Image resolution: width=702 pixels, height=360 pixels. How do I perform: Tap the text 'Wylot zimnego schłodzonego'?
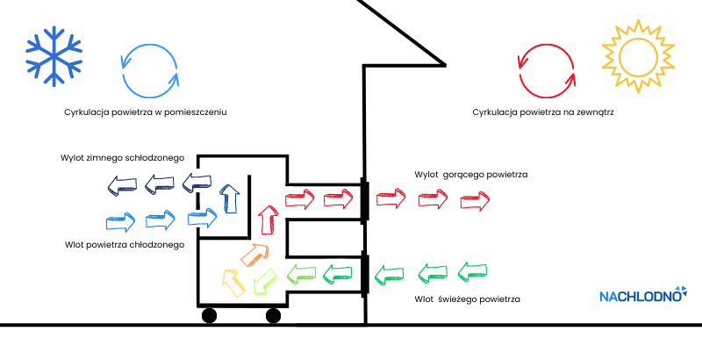point(122,157)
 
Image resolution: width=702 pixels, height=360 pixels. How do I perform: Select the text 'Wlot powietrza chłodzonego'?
point(125,244)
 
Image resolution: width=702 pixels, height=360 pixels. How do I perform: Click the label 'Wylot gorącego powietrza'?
point(471,175)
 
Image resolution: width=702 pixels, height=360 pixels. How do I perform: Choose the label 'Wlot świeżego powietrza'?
point(468,300)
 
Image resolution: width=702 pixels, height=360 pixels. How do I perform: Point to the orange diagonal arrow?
point(254,254)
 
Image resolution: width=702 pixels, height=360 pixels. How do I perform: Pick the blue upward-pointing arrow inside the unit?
point(229,198)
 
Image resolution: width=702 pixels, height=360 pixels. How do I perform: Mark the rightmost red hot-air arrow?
point(476,201)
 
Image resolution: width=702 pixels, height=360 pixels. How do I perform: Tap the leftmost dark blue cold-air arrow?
point(117,184)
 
